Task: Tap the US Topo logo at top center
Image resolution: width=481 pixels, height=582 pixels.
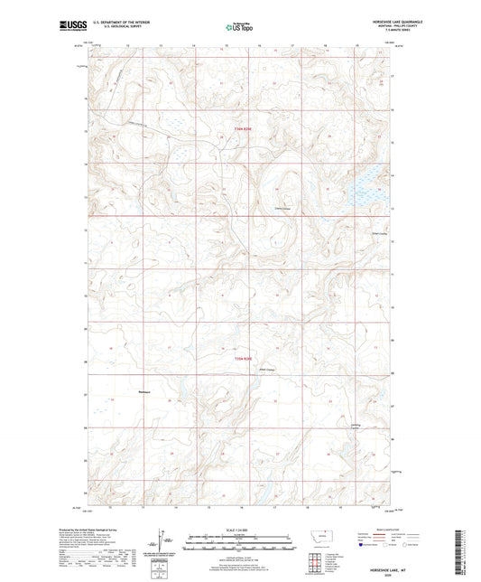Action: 238,28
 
